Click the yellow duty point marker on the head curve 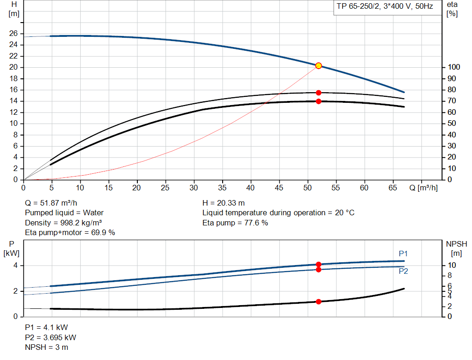tap(319, 66)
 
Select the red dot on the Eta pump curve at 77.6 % tap(319, 93)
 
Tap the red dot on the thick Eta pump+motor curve tap(319, 101)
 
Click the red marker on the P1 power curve tap(319, 265)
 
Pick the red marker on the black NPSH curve tap(319, 301)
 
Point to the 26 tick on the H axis tap(13, 34)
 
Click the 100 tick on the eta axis tap(453, 67)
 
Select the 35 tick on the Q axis tap(223, 188)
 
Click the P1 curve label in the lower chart tap(403, 254)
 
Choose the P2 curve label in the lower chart tap(403, 271)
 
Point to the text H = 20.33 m tap(224, 203)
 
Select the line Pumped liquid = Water tap(64, 212)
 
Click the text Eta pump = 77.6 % tap(235, 223)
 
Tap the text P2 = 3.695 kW tap(51, 337)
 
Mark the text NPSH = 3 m tap(47, 347)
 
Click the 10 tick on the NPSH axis tap(453, 266)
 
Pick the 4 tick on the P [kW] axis tap(15, 266)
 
